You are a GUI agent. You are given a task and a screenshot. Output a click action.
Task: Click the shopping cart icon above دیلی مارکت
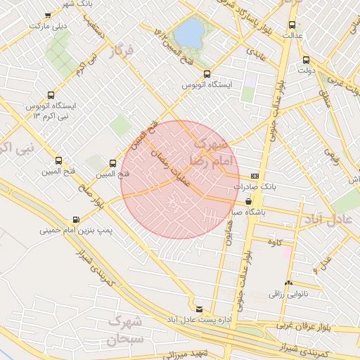[x=47, y=15]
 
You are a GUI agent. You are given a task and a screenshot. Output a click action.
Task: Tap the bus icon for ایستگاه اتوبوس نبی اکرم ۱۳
[x=51, y=95]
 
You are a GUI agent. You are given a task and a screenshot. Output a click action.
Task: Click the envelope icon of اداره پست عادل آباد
[x=200, y=309]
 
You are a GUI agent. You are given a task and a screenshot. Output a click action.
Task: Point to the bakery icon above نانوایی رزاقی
[x=288, y=284]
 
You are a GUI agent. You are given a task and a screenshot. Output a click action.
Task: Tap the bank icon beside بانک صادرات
[x=254, y=176]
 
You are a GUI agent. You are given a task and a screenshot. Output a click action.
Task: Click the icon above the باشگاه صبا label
[x=249, y=200]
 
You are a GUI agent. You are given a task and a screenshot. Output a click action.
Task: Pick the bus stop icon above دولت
[x=305, y=60]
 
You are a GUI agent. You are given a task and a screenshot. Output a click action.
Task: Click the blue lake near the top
[x=188, y=32]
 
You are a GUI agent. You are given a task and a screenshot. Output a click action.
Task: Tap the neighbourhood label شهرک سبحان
[x=127, y=330]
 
